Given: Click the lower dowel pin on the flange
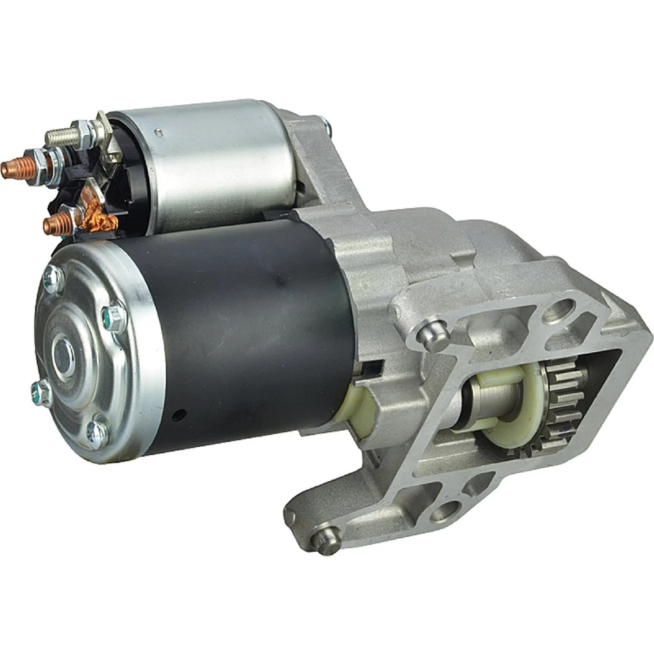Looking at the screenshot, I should coord(326,538).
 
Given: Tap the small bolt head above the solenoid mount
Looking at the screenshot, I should coord(326,125).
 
